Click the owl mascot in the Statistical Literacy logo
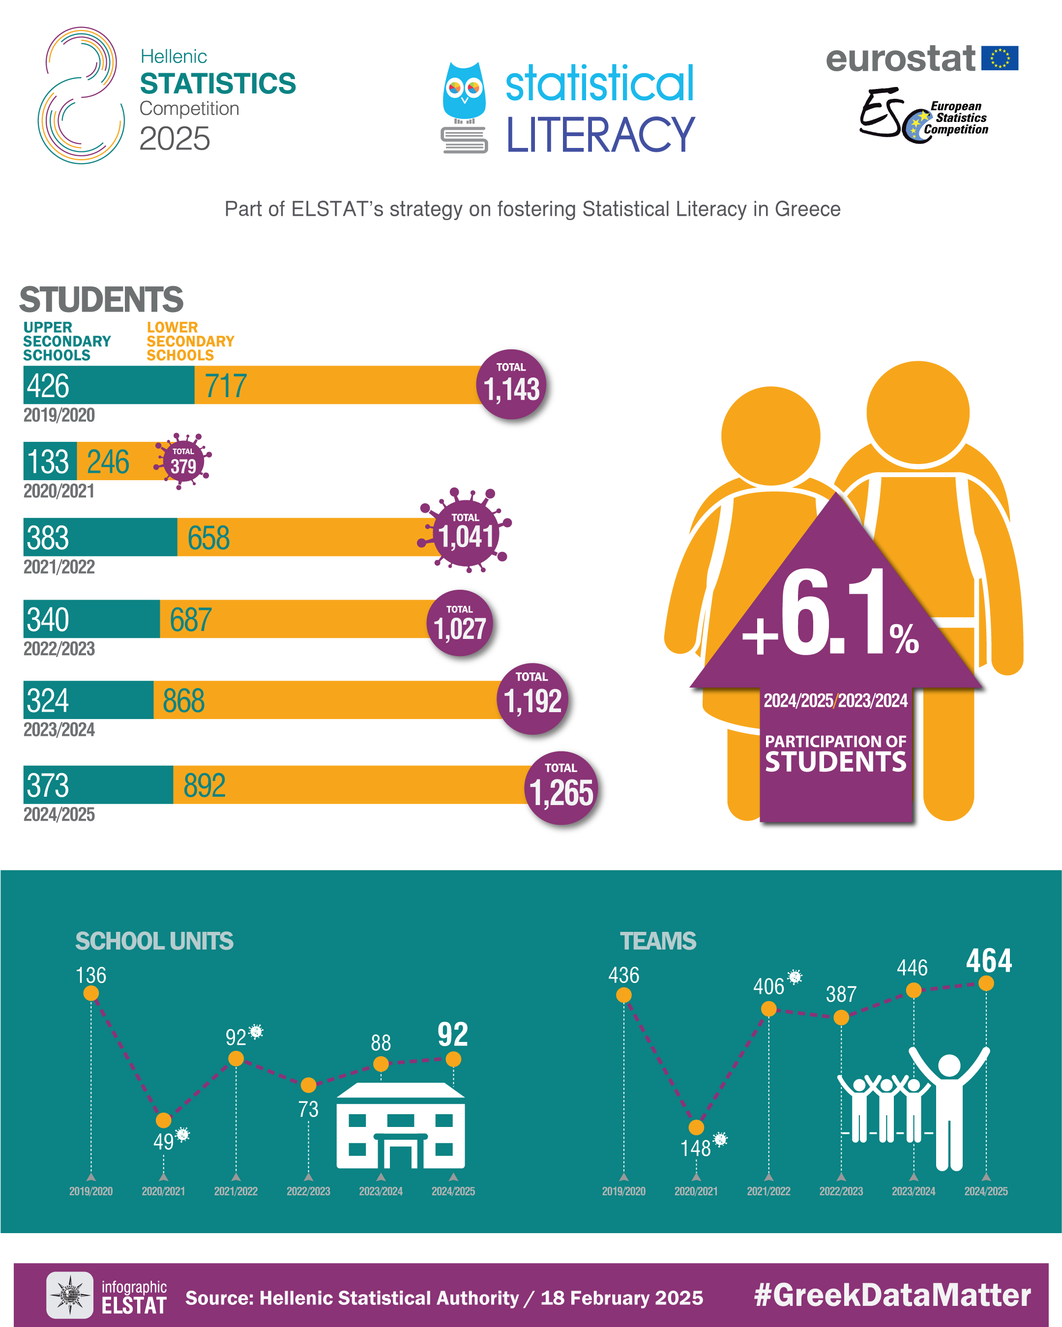click(x=464, y=92)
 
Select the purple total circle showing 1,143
click(x=511, y=385)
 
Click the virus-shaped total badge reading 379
click(x=183, y=462)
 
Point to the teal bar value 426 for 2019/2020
click(x=48, y=386)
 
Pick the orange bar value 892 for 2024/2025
click(x=205, y=785)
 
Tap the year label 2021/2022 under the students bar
click(x=59, y=567)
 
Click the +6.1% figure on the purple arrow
click(x=831, y=615)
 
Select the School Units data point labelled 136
click(x=91, y=993)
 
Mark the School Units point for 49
click(x=163, y=1120)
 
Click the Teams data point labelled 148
click(x=696, y=1127)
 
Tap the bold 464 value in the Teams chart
click(x=989, y=961)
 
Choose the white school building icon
click(x=401, y=1127)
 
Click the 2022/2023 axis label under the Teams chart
click(x=841, y=1191)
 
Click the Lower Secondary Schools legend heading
click(x=190, y=341)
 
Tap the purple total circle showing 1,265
click(x=561, y=788)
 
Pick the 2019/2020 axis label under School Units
click(x=91, y=1191)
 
